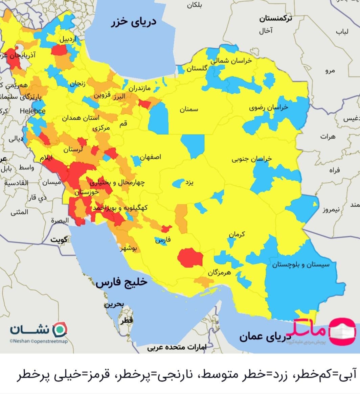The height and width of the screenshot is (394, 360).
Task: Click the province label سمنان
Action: coord(189,110)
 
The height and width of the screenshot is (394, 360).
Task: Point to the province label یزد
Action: coord(189,183)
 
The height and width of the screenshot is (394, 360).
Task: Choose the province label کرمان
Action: coord(237,234)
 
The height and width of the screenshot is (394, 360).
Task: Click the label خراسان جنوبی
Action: coord(252,159)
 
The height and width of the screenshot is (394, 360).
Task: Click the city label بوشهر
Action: coord(129,249)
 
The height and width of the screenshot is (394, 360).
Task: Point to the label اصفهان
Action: coord(151,157)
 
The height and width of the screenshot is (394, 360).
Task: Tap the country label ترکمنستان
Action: coord(276,19)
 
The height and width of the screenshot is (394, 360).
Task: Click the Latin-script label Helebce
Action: coord(32,111)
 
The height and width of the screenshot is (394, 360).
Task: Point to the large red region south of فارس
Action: coord(190,258)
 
